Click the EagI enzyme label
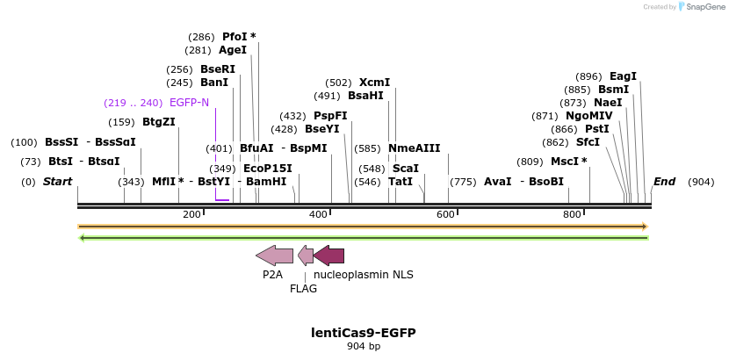click(623, 76)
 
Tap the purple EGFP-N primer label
click(189, 103)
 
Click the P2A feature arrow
click(274, 256)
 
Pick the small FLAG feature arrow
click(306, 256)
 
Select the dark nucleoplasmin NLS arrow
click(328, 256)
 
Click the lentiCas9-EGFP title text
click(364, 333)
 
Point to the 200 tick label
click(191, 215)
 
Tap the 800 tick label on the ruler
click(572, 215)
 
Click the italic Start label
click(57, 182)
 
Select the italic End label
click(664, 182)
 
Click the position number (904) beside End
click(701, 182)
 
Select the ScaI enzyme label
click(405, 168)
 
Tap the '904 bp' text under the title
click(364, 347)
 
